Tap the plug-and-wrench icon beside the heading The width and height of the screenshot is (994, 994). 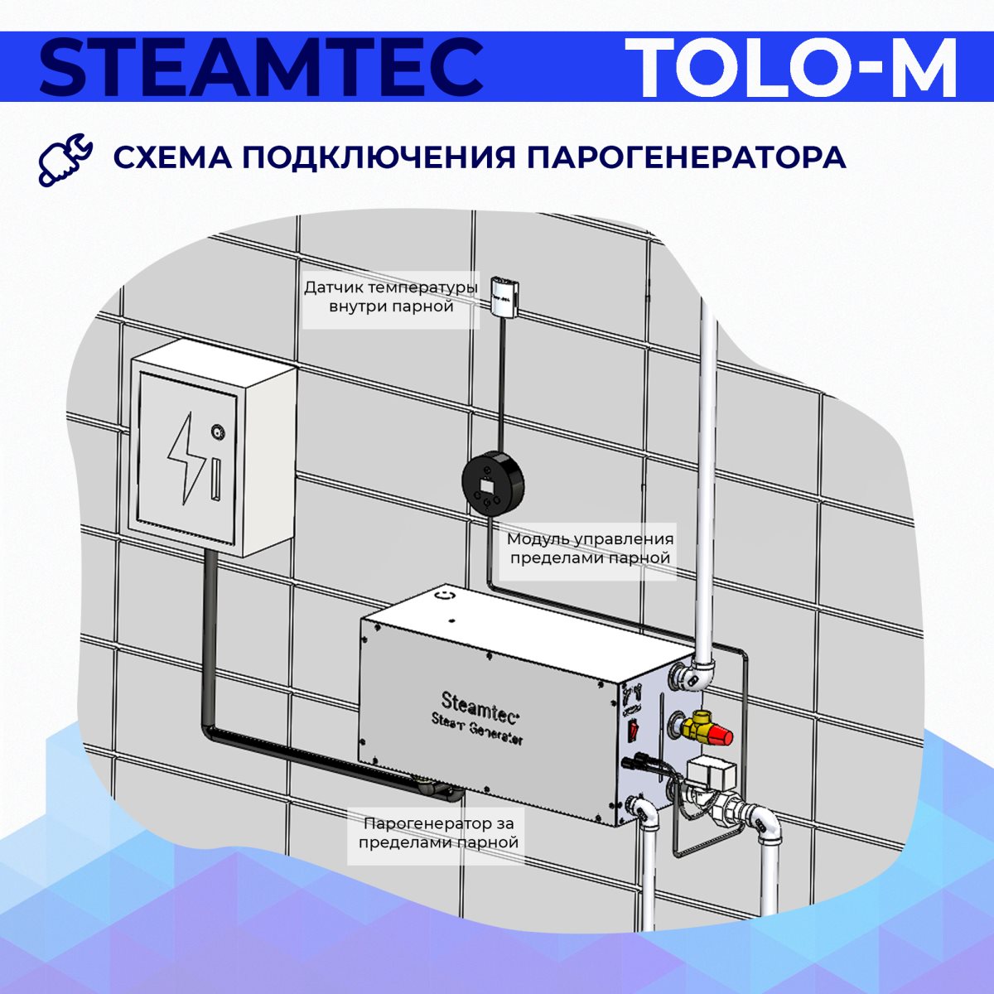[x=65, y=159]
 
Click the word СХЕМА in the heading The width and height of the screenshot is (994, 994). [x=173, y=157]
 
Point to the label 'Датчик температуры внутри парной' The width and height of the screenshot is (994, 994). [x=391, y=297]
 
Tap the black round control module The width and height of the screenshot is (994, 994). [x=493, y=482]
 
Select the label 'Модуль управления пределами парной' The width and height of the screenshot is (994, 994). [x=590, y=548]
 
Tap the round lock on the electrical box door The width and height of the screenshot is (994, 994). [x=217, y=429]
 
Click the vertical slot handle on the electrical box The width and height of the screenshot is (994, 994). [x=215, y=480]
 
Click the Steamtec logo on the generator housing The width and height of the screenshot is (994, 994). [x=480, y=705]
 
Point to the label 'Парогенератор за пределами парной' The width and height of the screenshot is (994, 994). [x=438, y=832]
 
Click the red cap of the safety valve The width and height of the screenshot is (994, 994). [x=721, y=737]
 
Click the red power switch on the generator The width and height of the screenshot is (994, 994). [x=632, y=729]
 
